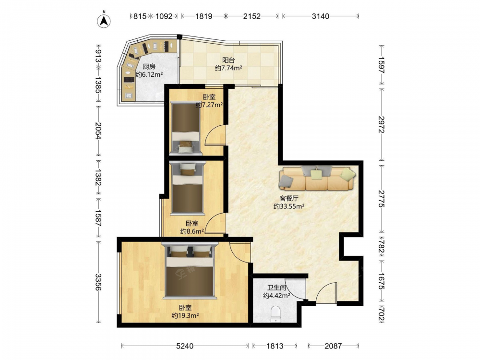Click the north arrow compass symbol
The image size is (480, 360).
tap(104, 21)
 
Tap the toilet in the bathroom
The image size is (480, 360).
tap(276, 314)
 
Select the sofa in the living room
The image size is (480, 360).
tap(317, 178)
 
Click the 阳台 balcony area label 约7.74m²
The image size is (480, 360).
tap(228, 68)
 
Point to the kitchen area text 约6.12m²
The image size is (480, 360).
tap(149, 74)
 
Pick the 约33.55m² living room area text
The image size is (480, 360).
tap(288, 206)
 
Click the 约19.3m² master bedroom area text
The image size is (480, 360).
tap(185, 315)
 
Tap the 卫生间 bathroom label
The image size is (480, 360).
tap(276, 288)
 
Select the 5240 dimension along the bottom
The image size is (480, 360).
tap(185, 346)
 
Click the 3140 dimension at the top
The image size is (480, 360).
tap(321, 16)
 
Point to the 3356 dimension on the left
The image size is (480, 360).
tap(97, 282)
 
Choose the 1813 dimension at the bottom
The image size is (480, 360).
tap(275, 346)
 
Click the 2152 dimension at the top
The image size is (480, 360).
tap(252, 16)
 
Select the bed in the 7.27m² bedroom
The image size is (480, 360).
tap(186, 127)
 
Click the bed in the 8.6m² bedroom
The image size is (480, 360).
tap(187, 188)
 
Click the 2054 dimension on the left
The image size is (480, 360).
tap(97, 131)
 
